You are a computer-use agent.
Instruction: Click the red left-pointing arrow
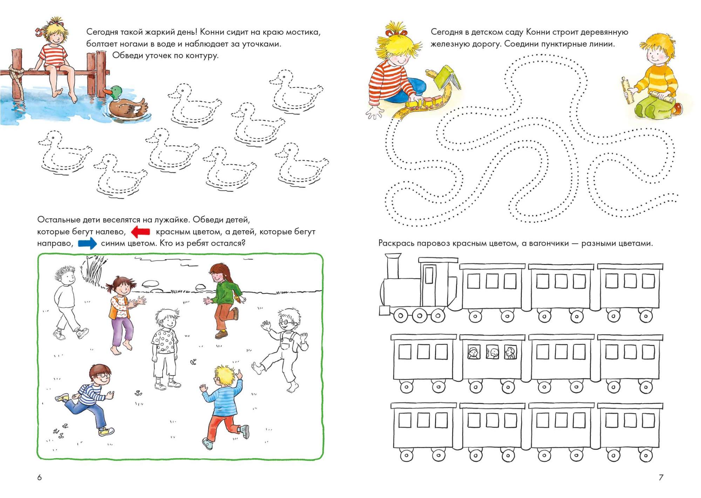pyautogui.click(x=141, y=232)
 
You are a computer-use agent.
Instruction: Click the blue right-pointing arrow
pyautogui.click(x=87, y=243)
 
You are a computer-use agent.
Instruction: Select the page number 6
pyautogui.click(x=39, y=477)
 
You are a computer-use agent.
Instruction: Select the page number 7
pyautogui.click(x=661, y=477)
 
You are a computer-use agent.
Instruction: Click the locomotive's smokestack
pyautogui.click(x=393, y=266)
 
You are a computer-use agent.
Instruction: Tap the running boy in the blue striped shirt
pyautogui.click(x=86, y=400)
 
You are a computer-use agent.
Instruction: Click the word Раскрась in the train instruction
pyautogui.click(x=396, y=244)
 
